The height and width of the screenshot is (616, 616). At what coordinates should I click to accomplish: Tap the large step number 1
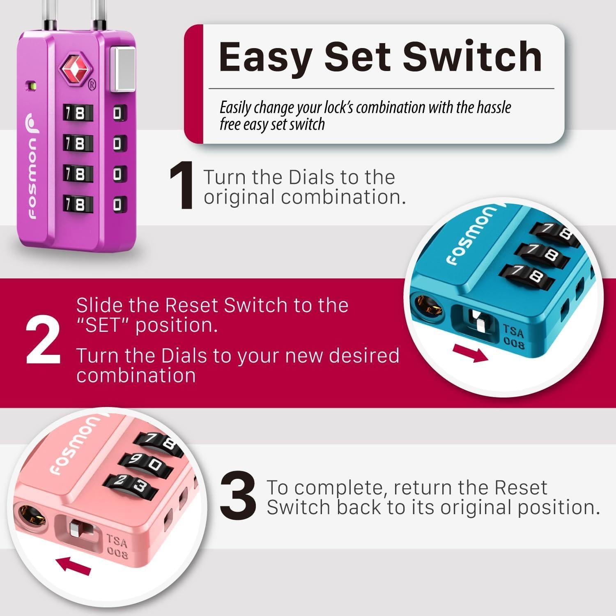[x=182, y=187]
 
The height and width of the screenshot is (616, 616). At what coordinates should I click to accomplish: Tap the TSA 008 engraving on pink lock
[x=117, y=546]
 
